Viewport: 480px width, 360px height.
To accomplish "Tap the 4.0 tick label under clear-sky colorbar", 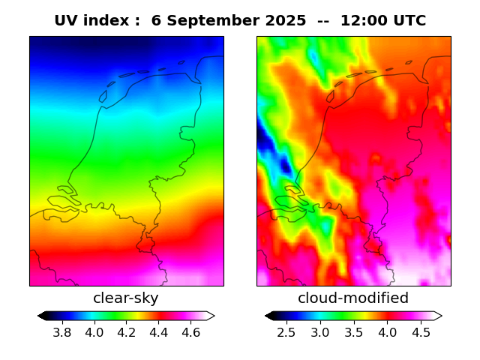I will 94,332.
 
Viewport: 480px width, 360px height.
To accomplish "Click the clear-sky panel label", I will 126,298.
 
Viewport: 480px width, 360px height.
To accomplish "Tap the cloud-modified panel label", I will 353,298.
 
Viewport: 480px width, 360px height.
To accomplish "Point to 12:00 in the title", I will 364,21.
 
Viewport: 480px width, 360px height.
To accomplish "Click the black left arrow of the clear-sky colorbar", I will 43,316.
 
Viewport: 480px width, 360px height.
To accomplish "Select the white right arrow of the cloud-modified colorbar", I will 437,316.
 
